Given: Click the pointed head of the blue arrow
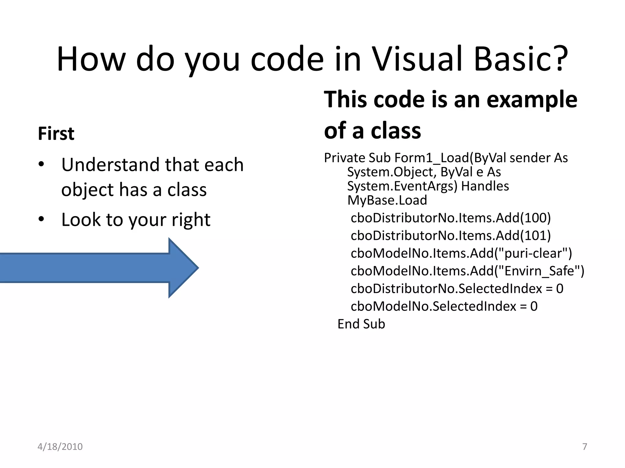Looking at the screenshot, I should (x=183, y=268).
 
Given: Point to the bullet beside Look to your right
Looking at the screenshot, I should (x=42, y=219).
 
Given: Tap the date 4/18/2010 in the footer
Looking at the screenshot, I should (x=60, y=447).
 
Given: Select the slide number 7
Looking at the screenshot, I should (x=585, y=447).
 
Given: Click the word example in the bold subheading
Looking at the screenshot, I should (x=532, y=100).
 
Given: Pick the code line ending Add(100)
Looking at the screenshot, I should (x=450, y=218).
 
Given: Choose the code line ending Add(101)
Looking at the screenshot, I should (x=450, y=236).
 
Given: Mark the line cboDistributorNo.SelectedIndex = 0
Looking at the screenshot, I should (x=457, y=289).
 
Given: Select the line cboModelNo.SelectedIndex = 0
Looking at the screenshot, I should (x=444, y=306).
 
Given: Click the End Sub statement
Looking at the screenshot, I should (x=361, y=324).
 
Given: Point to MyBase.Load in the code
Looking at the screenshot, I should (x=387, y=200).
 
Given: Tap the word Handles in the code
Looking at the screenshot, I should (x=485, y=186).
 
